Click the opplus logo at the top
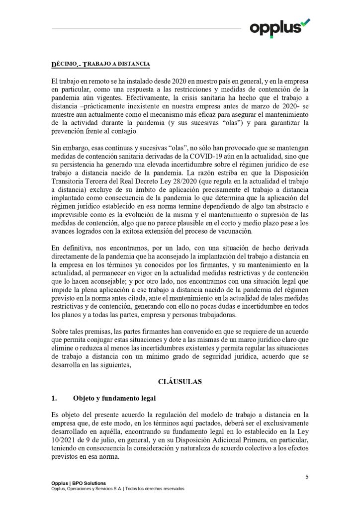click(279, 27)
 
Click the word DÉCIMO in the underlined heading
click(64, 65)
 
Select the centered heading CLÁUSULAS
click(180, 382)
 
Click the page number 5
click(307, 477)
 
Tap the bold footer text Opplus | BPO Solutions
click(79, 483)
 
